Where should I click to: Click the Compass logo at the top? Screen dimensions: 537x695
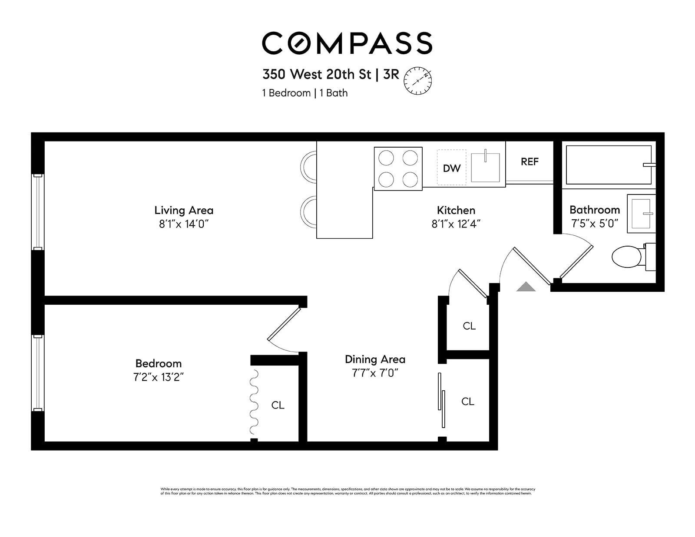coord(347,43)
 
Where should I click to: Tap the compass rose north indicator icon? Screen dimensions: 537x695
coord(418,81)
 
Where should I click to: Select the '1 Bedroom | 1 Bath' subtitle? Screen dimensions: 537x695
coord(304,93)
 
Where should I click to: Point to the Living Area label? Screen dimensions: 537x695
coord(184,210)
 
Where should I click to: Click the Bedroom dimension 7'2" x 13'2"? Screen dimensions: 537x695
coord(159,377)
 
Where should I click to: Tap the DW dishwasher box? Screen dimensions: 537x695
coord(451,168)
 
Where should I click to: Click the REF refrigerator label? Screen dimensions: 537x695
coord(530,161)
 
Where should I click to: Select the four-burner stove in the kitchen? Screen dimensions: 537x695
coord(398,168)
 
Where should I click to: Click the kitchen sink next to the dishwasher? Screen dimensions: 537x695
coord(485,167)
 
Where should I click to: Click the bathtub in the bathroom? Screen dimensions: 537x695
coord(608,165)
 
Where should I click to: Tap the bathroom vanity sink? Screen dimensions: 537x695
coord(641,214)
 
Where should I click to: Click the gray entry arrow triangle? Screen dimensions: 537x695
coord(526,287)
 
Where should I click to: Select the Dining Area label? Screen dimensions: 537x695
coord(375,359)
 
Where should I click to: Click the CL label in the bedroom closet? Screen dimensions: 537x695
coord(278,405)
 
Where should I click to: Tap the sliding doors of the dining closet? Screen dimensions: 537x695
coord(441,399)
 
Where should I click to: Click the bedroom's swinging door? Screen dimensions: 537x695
coord(284,324)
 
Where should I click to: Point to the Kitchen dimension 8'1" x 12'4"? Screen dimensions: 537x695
coord(456,224)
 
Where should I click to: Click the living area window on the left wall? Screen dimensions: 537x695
coord(38,212)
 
